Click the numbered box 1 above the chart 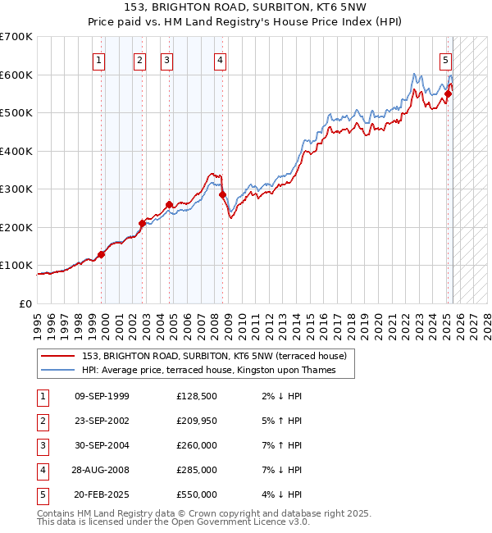pyautogui.click(x=98, y=59)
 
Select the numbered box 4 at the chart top pyautogui.click(x=221, y=59)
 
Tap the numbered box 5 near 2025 pyautogui.click(x=445, y=59)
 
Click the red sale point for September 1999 pyautogui.click(x=102, y=254)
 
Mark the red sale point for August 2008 pyautogui.click(x=222, y=194)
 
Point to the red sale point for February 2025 pyautogui.click(x=449, y=93)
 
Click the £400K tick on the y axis pyautogui.click(x=16, y=151)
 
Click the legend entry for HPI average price pyautogui.click(x=216, y=370)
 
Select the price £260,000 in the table pyautogui.click(x=196, y=445)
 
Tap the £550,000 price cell pyautogui.click(x=196, y=494)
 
